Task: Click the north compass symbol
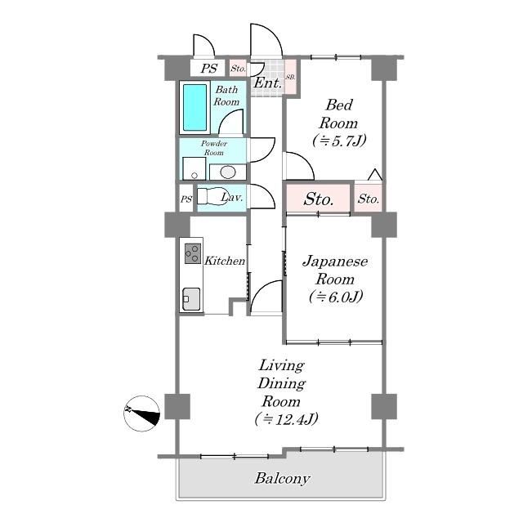coord(141,413)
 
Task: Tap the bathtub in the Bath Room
coord(194,107)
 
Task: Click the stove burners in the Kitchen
coord(193,254)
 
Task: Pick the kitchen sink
coord(191,299)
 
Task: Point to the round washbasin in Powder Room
coord(228,172)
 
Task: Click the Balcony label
coord(282,479)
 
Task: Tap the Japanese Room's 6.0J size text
coord(336,297)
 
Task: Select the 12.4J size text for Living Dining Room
coord(286,419)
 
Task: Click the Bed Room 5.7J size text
coord(339,141)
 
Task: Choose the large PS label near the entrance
coord(209,69)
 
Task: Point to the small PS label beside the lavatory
coord(186,199)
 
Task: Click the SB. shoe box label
coord(291,77)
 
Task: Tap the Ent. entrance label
coord(268,83)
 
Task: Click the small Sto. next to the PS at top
coord(238,69)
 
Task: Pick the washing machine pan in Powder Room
coord(194,168)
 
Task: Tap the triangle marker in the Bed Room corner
coord(375,175)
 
